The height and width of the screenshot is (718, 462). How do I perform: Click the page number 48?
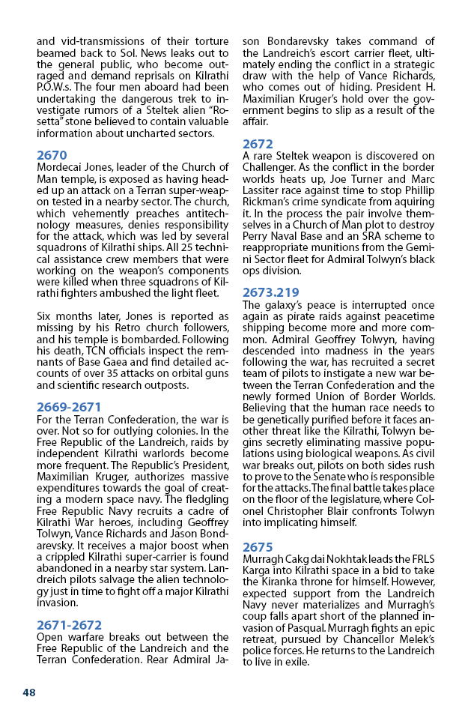(28, 693)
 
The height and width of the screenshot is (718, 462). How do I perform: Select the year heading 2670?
(52, 155)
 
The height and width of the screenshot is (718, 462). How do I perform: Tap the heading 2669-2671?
(69, 407)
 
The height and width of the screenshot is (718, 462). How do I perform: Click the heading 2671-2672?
(69, 625)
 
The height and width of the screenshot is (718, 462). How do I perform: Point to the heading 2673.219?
(271, 292)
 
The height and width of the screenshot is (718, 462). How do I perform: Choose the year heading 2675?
(258, 547)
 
